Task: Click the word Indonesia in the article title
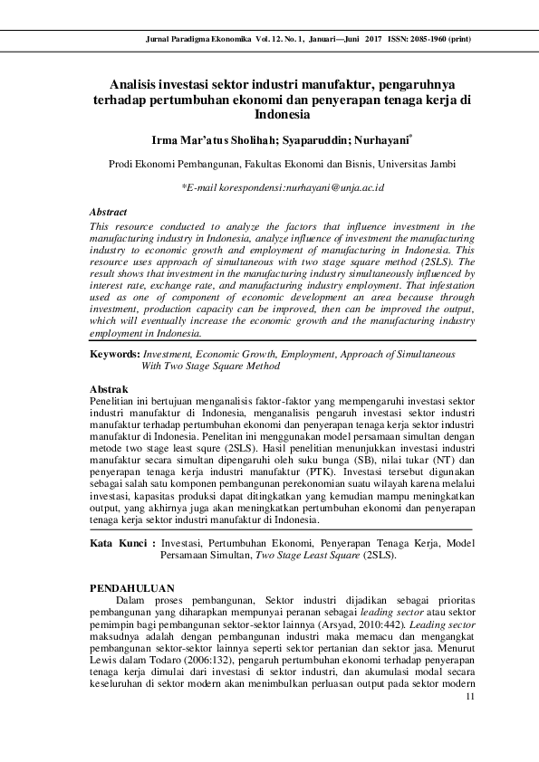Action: point(282,115)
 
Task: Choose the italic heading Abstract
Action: point(109,211)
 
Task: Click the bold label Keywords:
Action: point(115,356)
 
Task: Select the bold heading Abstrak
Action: point(110,387)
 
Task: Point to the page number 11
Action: point(467,696)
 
